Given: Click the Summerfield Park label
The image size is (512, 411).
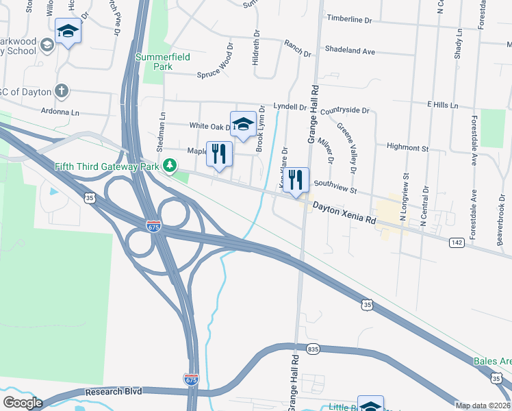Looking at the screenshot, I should click(153, 62).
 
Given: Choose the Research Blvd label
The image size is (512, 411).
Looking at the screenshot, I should click(114, 391).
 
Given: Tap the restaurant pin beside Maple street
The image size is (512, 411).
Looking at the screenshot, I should click(219, 154).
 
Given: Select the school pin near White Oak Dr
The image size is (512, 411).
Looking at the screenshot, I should click(242, 124).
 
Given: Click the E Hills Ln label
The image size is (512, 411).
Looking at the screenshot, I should click(442, 105).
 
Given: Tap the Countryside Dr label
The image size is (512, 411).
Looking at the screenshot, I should click(344, 110).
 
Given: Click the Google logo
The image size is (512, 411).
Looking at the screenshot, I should click(23, 402).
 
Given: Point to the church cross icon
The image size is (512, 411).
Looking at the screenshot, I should click(61, 90).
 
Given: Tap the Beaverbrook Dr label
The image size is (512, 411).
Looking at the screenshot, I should click(500, 229).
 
